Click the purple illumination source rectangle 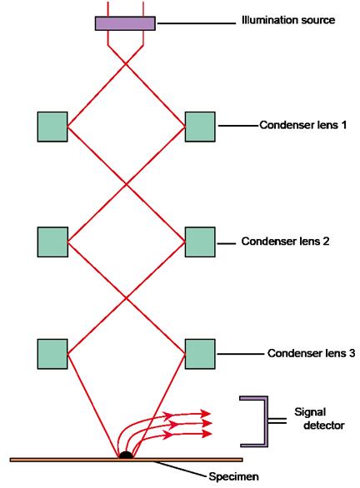125,23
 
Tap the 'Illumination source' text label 288,20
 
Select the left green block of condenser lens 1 52,127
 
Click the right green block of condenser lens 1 200,127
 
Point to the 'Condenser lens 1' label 303,125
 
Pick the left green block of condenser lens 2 52,242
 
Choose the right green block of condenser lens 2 200,242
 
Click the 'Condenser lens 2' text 285,242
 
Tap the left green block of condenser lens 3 52,354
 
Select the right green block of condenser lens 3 200,354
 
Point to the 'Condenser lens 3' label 311,353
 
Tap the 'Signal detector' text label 319,419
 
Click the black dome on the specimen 126,455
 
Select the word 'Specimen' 233,476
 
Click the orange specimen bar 126,460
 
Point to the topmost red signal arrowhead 206,414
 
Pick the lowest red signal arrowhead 207,434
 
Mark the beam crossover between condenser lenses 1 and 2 126,185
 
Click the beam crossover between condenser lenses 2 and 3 126,298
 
